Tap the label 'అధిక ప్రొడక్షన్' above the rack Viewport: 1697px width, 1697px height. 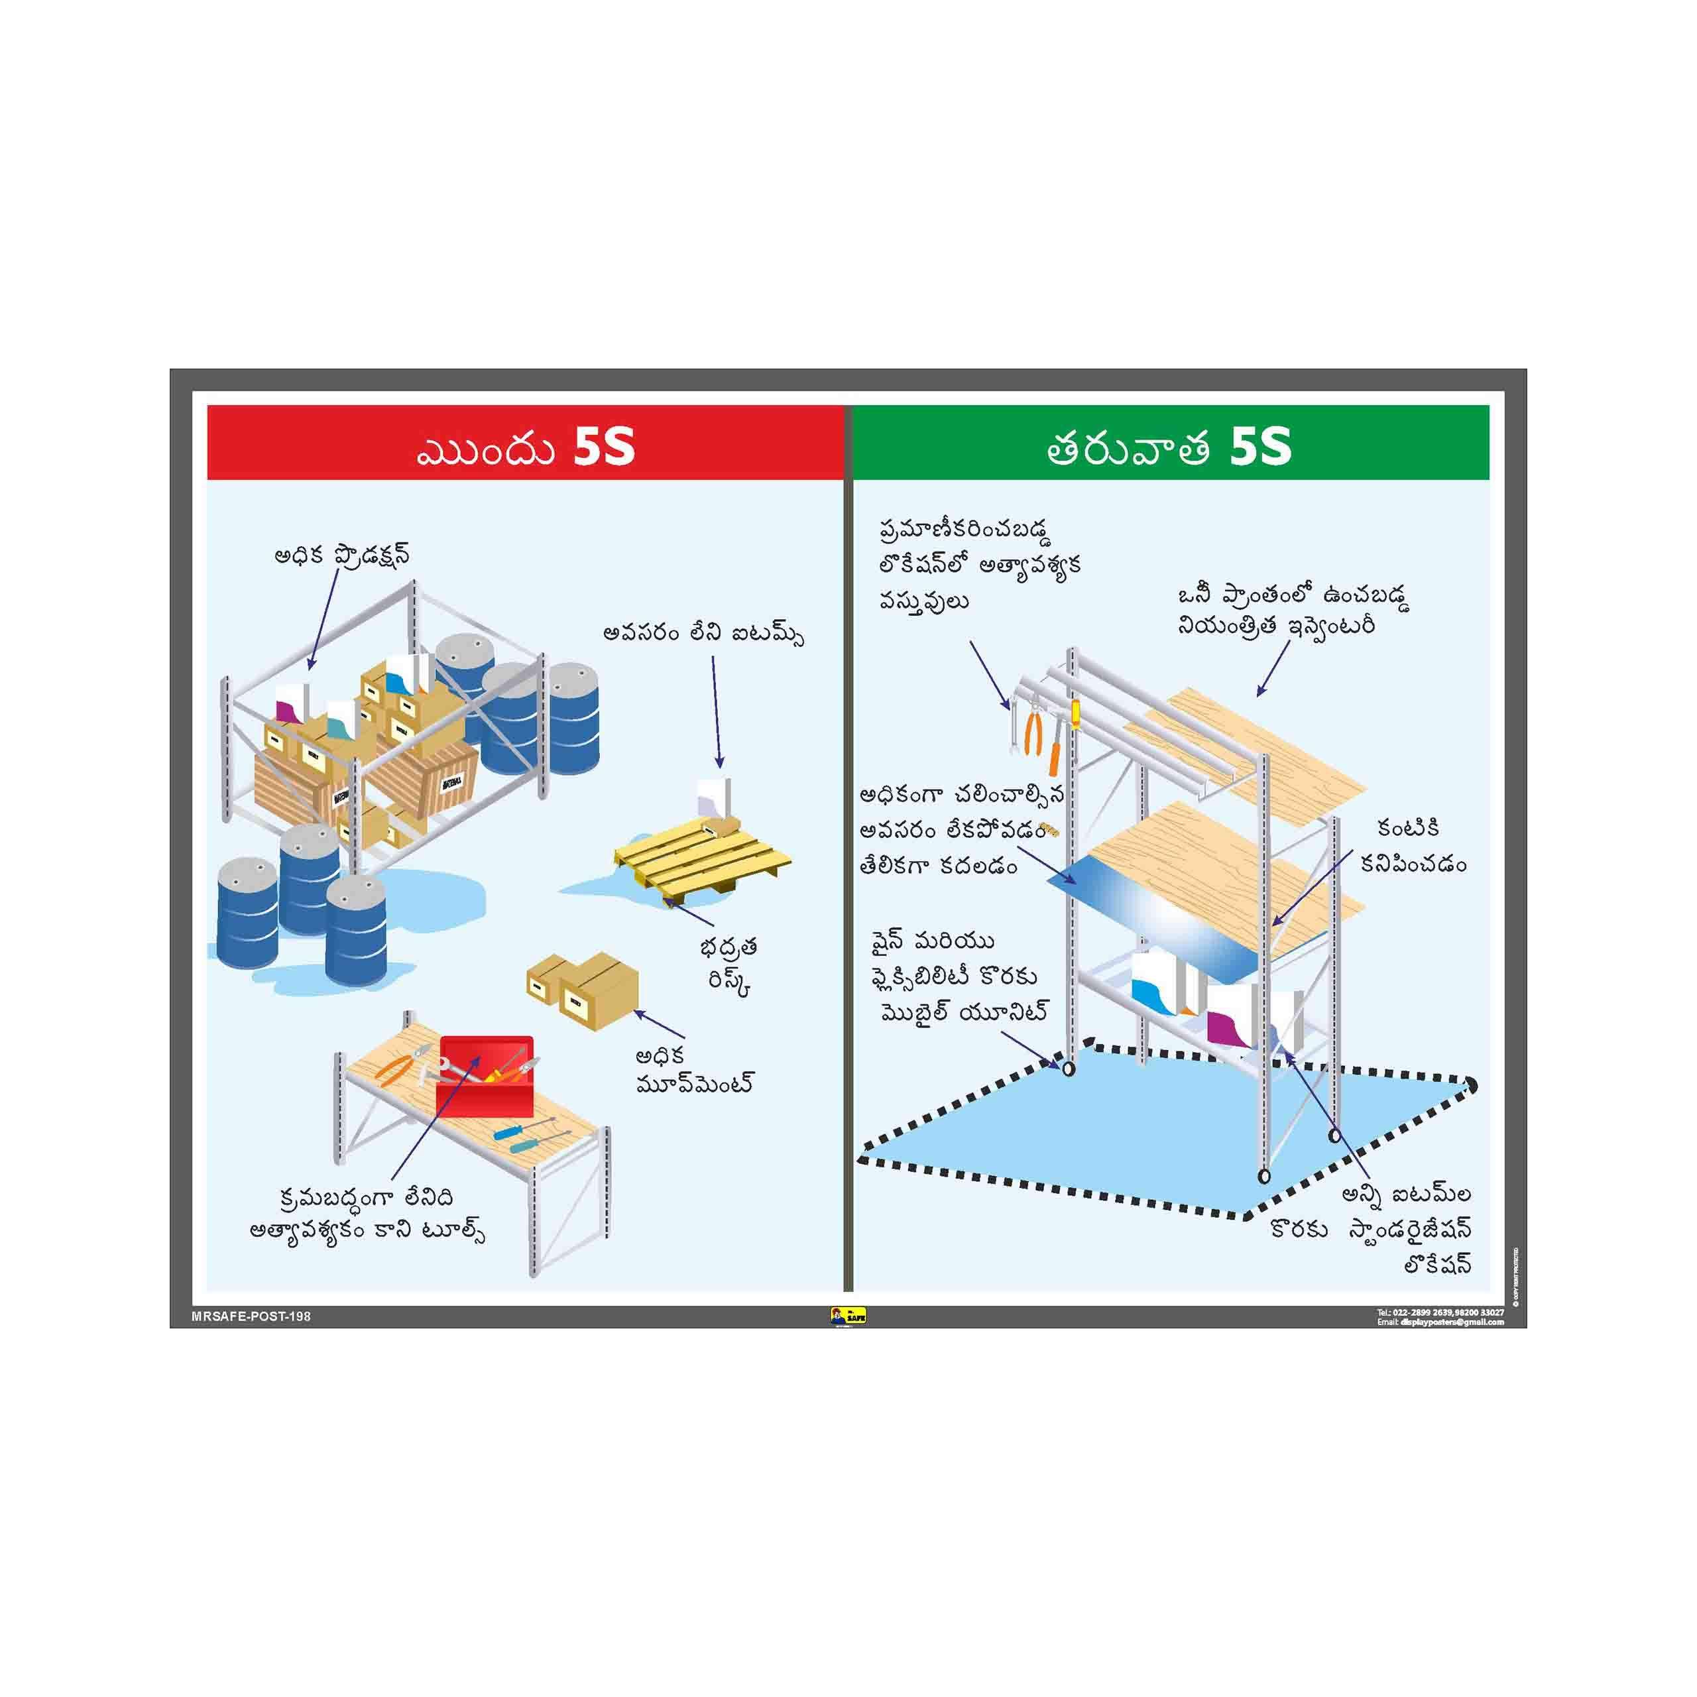coord(341,557)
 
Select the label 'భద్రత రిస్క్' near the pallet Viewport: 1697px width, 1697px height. coord(728,966)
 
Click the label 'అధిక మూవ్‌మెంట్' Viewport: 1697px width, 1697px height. coord(694,1069)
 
